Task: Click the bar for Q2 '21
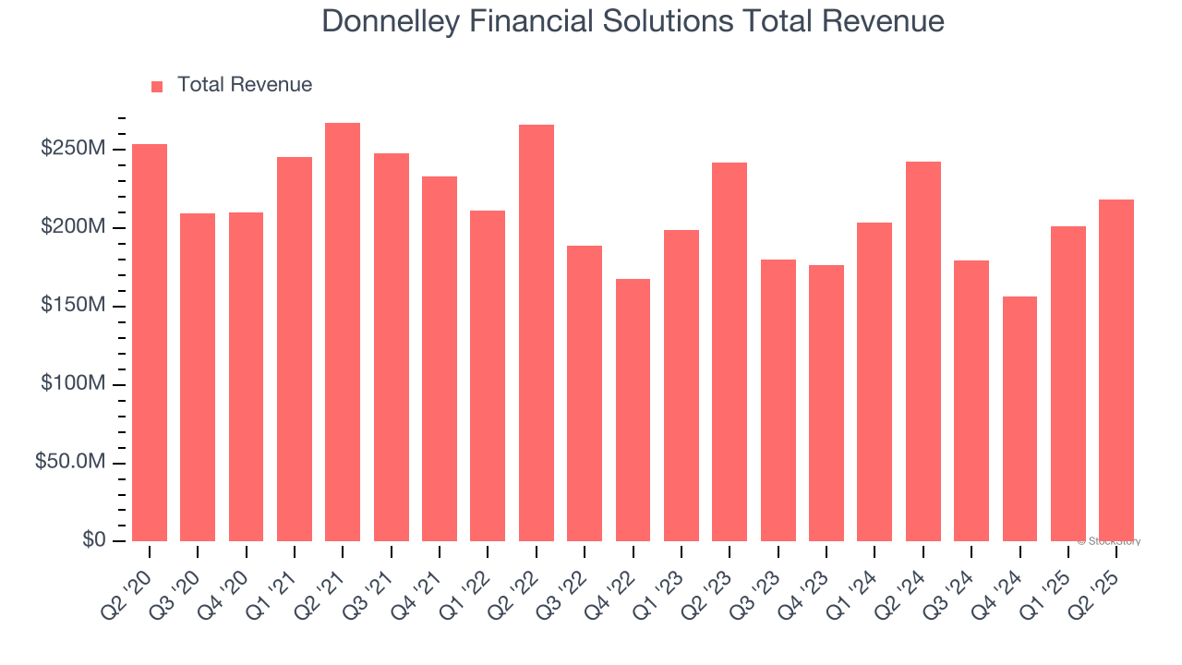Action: click(343, 332)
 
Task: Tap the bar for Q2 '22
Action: click(536, 332)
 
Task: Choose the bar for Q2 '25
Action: click(1116, 369)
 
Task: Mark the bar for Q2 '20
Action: click(150, 342)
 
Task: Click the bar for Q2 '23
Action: click(730, 351)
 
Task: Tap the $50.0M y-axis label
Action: click(70, 462)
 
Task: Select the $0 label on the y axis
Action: click(93, 540)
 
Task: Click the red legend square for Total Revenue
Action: click(157, 87)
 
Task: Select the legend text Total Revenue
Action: click(245, 85)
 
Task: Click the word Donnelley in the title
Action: click(389, 21)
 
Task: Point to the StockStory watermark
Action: click(1109, 541)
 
